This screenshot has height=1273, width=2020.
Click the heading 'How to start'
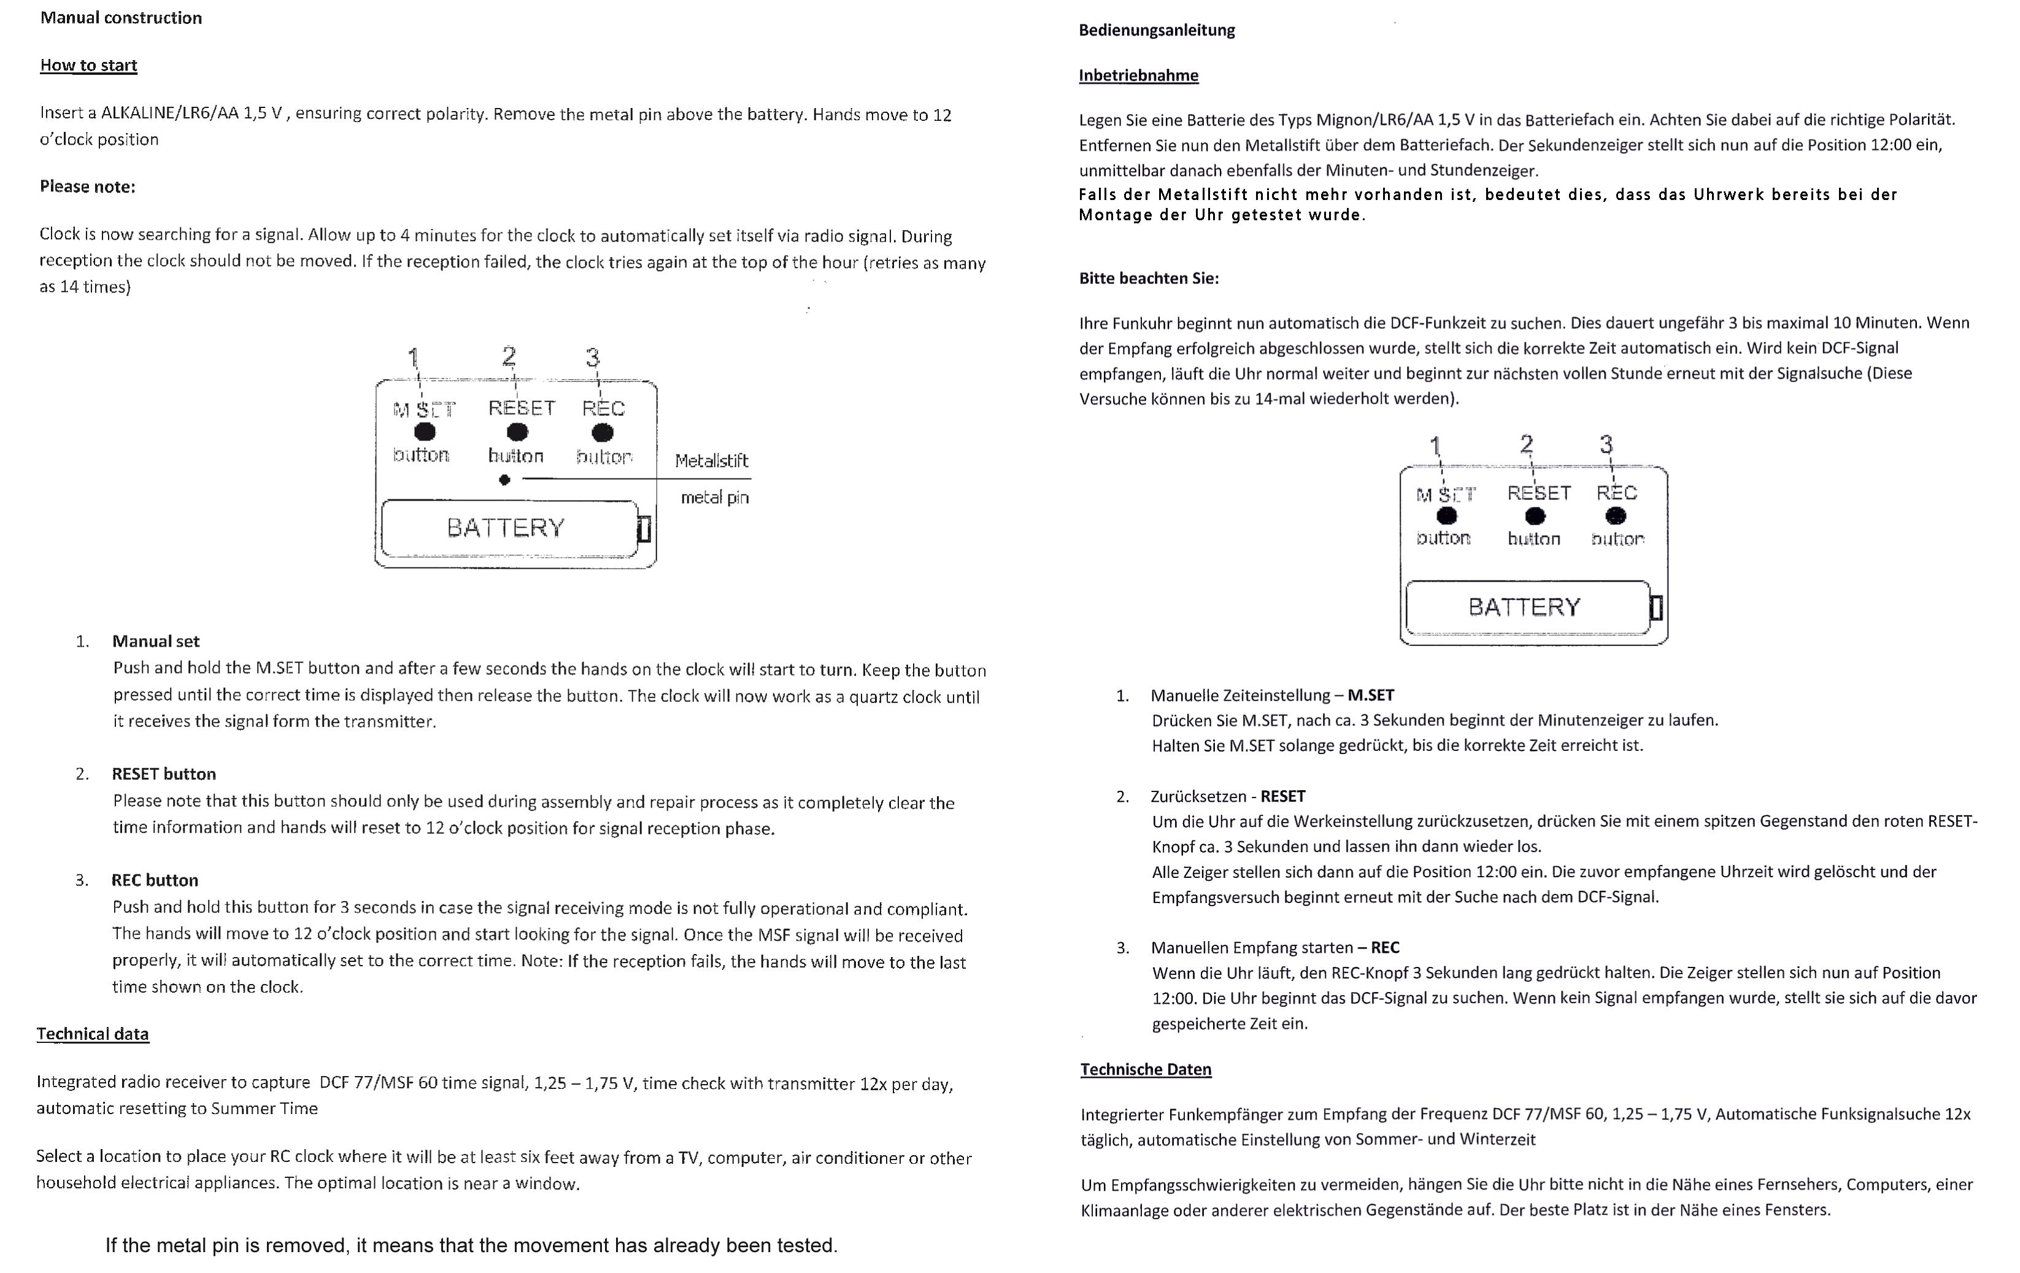point(88,66)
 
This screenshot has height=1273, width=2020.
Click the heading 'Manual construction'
point(121,18)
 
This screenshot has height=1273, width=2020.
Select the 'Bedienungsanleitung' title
point(1156,30)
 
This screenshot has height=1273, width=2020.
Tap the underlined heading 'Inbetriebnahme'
point(1138,75)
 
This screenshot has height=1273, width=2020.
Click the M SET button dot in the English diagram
point(425,432)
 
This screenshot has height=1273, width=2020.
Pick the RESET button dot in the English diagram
point(518,432)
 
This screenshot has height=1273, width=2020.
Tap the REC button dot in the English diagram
point(603,433)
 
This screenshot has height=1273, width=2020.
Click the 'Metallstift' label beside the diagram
point(711,460)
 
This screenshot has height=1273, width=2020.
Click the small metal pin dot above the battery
point(504,480)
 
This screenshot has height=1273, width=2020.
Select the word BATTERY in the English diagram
point(506,528)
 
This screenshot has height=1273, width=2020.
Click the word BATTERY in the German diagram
point(1524,606)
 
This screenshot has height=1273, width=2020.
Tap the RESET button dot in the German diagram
point(1534,516)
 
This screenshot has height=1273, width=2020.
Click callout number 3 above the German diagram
point(1606,444)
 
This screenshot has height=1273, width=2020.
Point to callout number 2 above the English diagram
point(508,356)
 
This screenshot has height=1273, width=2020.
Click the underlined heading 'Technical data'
point(92,1034)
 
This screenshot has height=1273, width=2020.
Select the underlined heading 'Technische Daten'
point(1145,1069)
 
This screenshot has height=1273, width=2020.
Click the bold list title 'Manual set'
point(156,642)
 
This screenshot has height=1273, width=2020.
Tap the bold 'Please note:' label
point(87,186)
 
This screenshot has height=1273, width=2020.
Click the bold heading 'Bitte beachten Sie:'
point(1149,279)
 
